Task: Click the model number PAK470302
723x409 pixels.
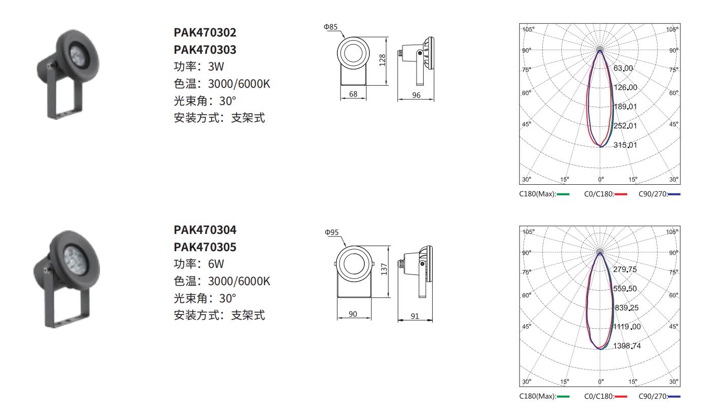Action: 205,32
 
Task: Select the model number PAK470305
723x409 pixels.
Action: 205,247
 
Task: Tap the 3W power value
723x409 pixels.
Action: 216,66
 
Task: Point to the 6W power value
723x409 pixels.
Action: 216,264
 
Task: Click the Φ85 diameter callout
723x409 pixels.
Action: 330,27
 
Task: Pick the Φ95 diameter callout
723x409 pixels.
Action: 331,232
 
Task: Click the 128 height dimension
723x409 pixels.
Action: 383,60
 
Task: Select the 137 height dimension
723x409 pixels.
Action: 384,269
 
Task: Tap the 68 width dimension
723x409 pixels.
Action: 353,94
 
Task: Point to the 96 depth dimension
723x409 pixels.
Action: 416,95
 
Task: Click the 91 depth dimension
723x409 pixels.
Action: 415,316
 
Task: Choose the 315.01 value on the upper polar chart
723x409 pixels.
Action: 625,145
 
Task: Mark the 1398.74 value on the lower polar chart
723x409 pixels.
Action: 627,346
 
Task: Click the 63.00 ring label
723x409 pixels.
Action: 623,68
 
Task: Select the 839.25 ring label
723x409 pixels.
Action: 627,308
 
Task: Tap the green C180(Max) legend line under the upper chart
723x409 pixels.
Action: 563,194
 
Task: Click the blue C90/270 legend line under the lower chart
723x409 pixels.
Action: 674,396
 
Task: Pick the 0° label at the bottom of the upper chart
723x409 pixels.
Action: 601,179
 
